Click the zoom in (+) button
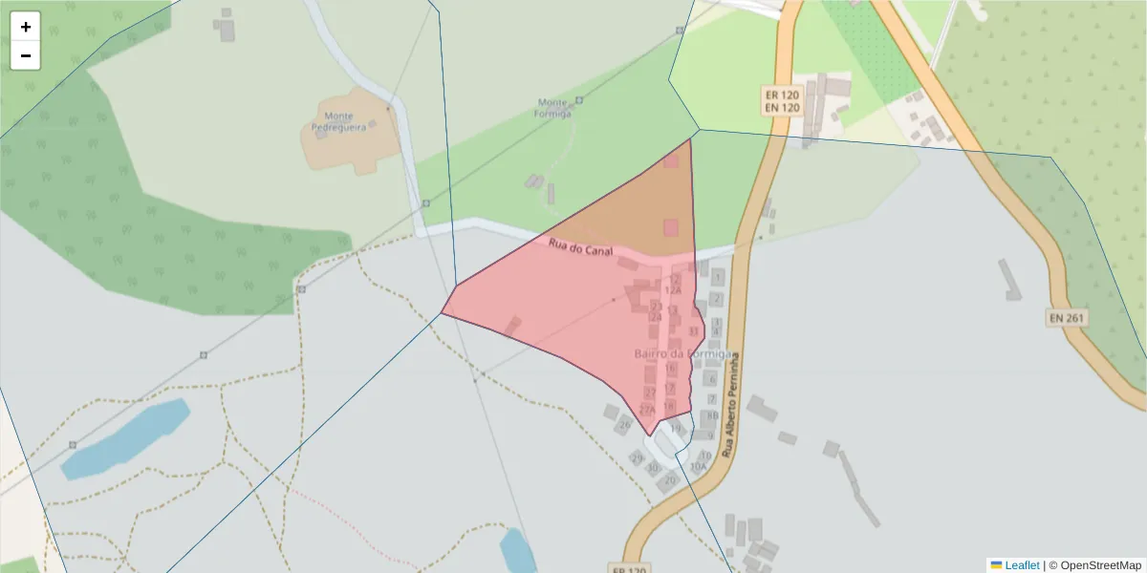26,27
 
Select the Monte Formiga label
553,107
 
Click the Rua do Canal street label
580,246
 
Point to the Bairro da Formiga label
683,354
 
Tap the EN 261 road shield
1068,318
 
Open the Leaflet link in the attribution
1022,565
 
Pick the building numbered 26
626,424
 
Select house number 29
638,458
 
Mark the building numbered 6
710,379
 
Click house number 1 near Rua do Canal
718,277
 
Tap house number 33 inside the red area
694,331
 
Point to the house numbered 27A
647,410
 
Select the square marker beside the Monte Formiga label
579,100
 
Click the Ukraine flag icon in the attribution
996,565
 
